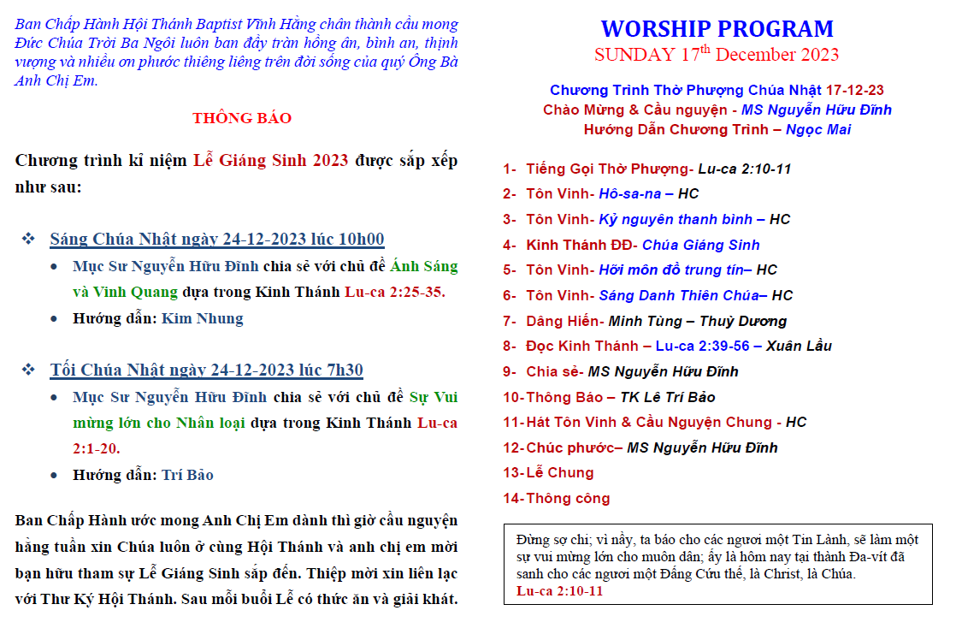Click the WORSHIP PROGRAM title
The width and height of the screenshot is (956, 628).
click(717, 29)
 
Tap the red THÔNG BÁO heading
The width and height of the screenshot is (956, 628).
click(242, 118)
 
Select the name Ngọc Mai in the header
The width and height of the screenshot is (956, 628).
click(818, 129)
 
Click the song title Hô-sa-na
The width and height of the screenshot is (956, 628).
click(630, 193)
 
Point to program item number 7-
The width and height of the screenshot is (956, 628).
click(510, 321)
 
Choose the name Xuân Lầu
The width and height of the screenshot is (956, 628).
click(799, 346)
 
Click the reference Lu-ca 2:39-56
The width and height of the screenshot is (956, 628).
click(702, 346)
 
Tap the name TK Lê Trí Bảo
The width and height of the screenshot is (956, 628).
click(668, 397)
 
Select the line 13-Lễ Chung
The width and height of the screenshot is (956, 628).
click(548, 472)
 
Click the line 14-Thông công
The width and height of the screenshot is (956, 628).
click(556, 498)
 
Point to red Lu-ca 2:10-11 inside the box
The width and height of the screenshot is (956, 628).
click(560, 590)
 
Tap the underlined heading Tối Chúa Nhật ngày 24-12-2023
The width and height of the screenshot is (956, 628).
click(172, 370)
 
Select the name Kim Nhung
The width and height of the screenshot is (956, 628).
click(203, 318)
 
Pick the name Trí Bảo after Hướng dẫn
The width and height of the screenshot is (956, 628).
click(187, 475)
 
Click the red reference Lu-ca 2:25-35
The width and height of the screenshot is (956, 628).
click(395, 292)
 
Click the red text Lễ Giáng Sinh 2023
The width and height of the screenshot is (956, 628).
click(271, 160)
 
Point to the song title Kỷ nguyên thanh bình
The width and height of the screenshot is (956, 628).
click(676, 219)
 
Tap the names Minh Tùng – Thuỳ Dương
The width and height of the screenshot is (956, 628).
click(698, 321)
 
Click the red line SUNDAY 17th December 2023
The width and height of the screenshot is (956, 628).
click(717, 54)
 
